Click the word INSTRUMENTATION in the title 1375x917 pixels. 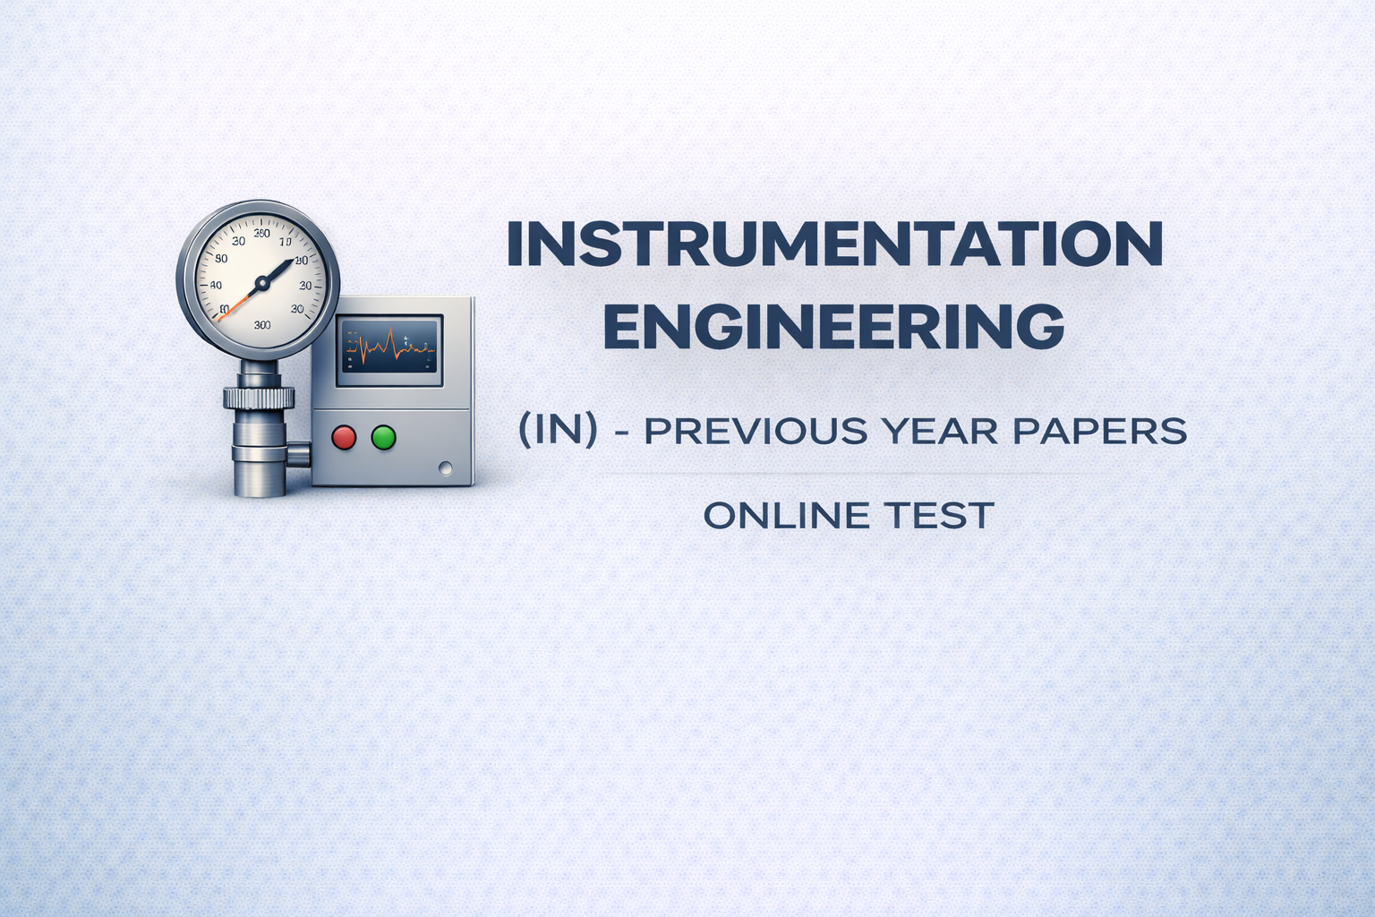[x=834, y=244]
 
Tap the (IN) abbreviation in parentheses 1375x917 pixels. [x=558, y=431]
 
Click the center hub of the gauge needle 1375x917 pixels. [x=262, y=283]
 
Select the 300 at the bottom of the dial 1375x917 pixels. [x=262, y=325]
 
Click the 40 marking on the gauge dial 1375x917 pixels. [x=216, y=286]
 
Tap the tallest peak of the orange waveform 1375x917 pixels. [x=391, y=335]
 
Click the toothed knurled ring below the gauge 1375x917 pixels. [x=259, y=397]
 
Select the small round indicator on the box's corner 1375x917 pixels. [x=445, y=467]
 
